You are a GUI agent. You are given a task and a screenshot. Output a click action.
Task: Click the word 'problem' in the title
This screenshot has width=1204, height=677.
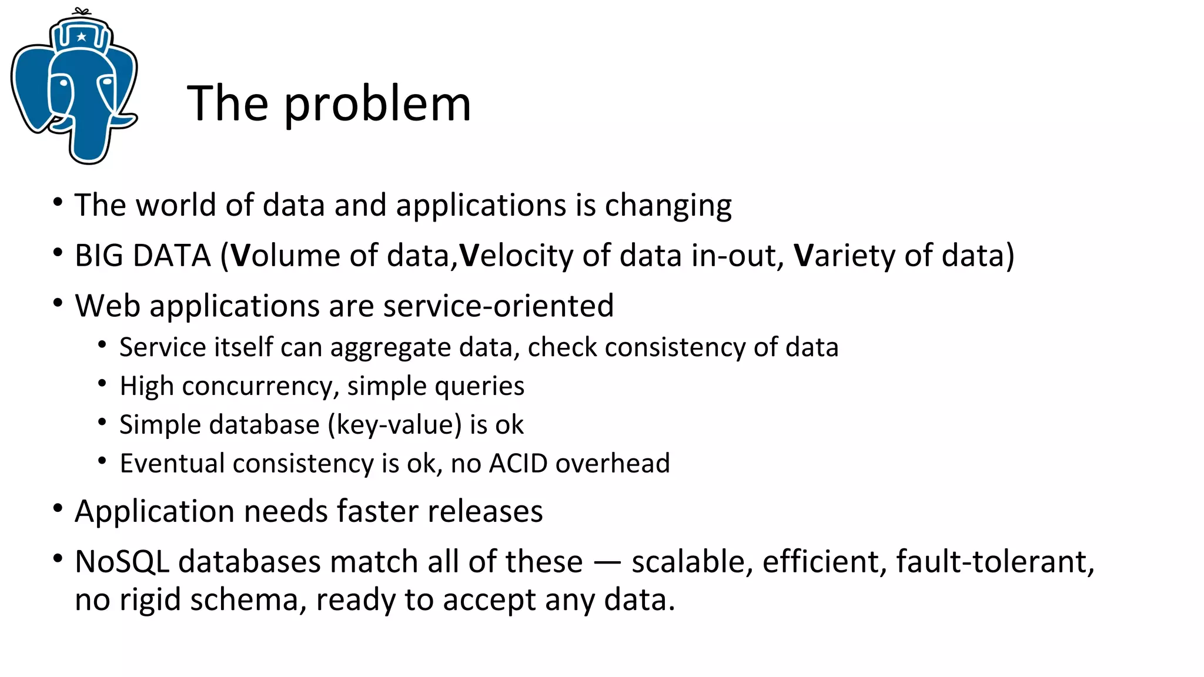[377, 105]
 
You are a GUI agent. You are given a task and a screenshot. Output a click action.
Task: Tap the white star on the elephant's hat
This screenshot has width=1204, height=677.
[82, 37]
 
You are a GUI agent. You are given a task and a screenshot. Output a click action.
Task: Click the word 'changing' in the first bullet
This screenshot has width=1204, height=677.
[668, 206]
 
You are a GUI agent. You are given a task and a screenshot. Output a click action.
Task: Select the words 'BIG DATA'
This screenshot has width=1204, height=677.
[142, 256]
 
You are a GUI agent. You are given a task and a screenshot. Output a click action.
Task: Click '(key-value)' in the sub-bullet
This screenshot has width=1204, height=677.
[394, 425]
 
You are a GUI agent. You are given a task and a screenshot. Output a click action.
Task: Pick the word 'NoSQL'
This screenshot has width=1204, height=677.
[122, 562]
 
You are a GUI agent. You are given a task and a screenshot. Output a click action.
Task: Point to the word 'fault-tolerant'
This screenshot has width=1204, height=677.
[995, 562]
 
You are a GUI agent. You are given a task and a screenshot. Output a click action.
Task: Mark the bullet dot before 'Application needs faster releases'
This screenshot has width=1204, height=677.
[58, 508]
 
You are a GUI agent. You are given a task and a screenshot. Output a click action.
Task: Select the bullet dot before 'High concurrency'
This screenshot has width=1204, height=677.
[102, 384]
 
